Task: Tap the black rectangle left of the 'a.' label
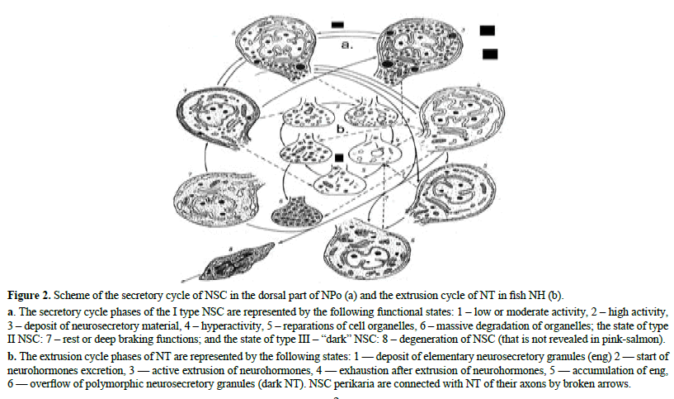tap(337, 25)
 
